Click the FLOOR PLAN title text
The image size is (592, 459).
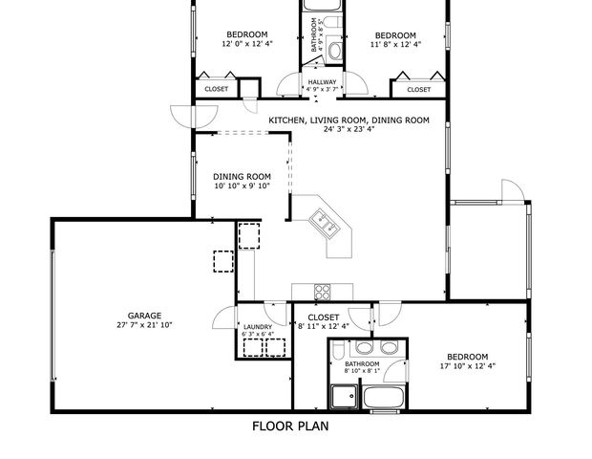tap(290, 426)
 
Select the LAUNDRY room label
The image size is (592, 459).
tap(258, 327)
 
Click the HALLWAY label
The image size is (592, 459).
tap(322, 82)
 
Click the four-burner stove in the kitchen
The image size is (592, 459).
tap(323, 292)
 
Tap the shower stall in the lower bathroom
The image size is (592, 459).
tap(344, 397)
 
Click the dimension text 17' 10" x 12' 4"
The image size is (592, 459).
tap(467, 364)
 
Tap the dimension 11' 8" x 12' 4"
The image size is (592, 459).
tap(395, 43)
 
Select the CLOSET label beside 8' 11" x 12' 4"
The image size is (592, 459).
tap(324, 317)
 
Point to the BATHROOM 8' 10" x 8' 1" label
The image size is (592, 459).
tap(362, 364)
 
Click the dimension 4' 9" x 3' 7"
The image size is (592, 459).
tap(322, 91)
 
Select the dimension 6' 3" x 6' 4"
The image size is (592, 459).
tap(258, 335)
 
